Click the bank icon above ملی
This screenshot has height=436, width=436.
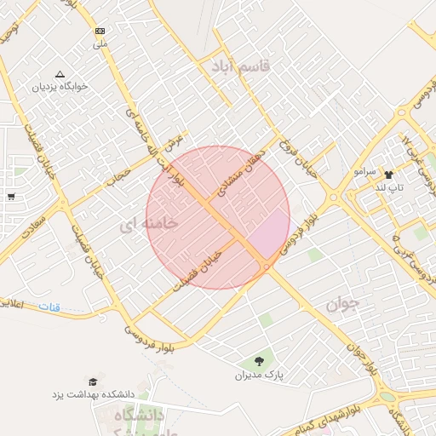click(x=100, y=30)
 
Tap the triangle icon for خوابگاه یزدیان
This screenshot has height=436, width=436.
click(x=60, y=74)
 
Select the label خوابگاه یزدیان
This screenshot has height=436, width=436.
click(x=60, y=87)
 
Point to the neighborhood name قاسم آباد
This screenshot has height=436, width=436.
click(x=241, y=65)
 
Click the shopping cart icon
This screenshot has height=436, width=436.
click(x=10, y=197)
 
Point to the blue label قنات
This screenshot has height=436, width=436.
click(x=55, y=307)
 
